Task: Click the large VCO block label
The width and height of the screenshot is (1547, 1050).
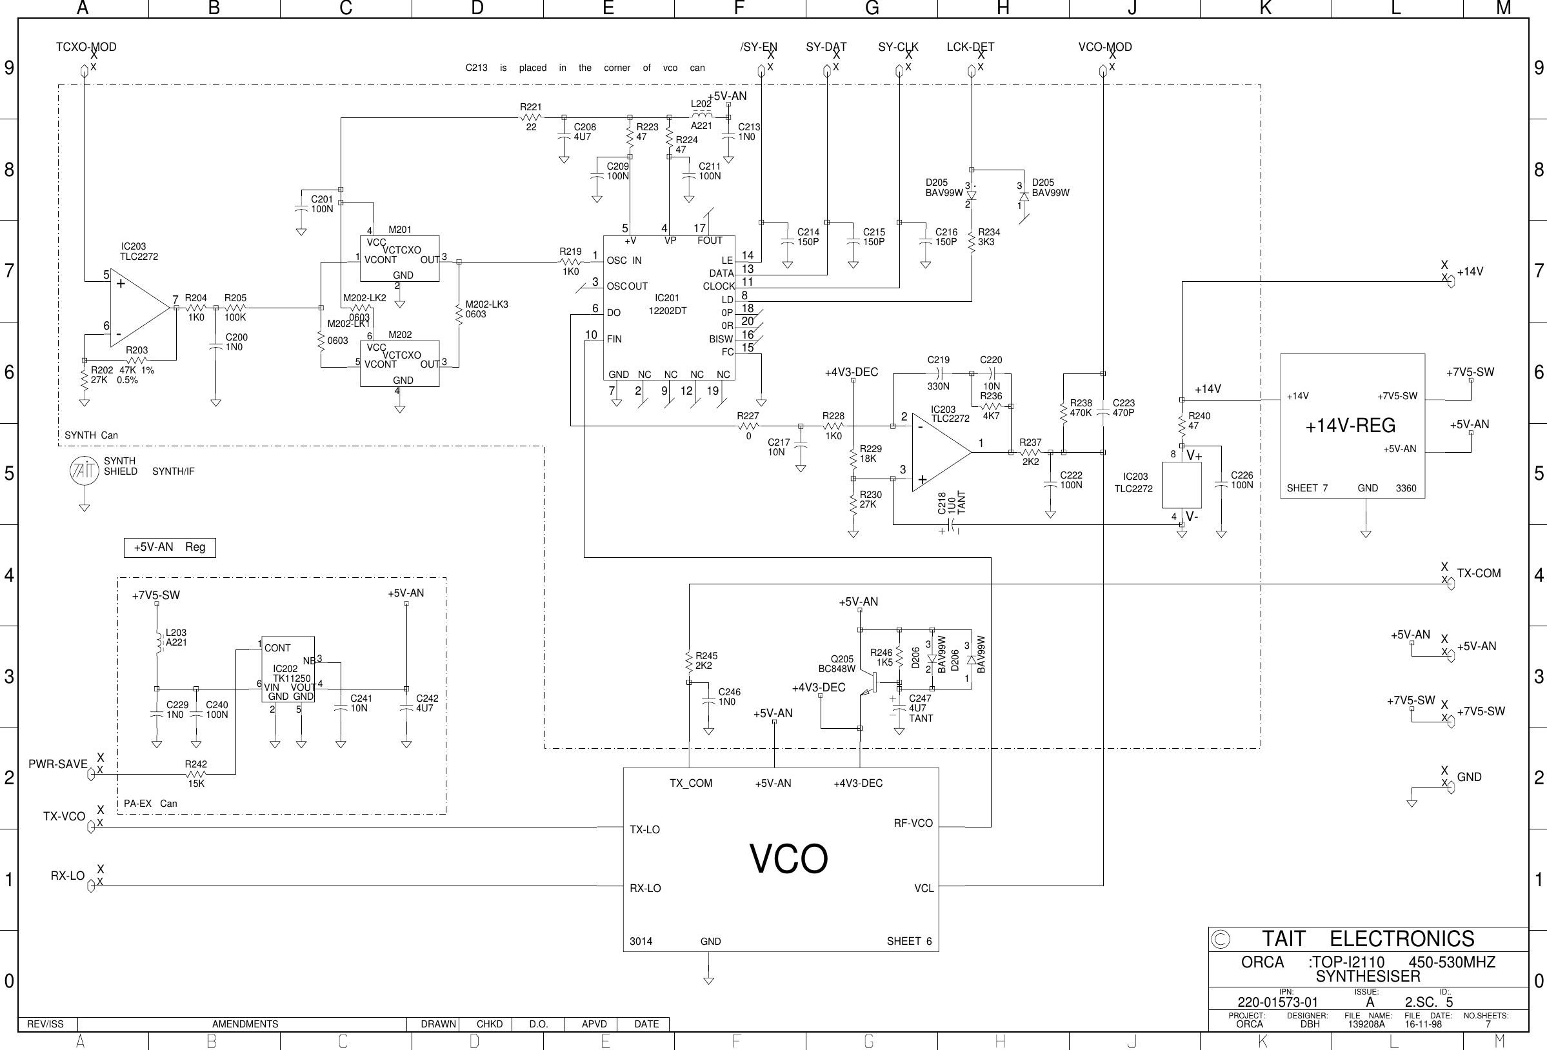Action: click(x=789, y=859)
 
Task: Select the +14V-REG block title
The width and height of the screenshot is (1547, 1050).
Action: click(x=1350, y=426)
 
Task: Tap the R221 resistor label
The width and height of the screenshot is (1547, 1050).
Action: click(x=530, y=106)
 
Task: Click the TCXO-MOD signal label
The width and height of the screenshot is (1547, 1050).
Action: click(x=86, y=47)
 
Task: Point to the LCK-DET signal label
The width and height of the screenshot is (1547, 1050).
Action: click(x=970, y=47)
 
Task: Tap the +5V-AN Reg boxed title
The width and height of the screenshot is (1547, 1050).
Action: click(x=170, y=547)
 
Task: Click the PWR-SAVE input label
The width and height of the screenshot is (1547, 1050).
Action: click(x=58, y=764)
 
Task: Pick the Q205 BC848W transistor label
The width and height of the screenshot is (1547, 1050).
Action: click(x=837, y=664)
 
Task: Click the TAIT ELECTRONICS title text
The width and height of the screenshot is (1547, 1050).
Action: click(x=1368, y=939)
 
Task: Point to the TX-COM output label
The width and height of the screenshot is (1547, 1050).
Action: click(x=1479, y=573)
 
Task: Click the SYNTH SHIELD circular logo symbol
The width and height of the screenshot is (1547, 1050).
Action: click(x=84, y=471)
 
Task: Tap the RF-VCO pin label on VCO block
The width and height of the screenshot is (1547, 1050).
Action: click(x=913, y=823)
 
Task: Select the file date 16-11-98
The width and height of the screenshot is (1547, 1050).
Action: click(x=1422, y=1025)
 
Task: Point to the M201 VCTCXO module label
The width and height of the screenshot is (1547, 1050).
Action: click(x=399, y=230)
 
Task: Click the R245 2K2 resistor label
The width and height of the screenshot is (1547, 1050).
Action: click(x=706, y=660)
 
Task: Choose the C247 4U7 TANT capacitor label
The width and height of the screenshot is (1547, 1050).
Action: click(x=920, y=708)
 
